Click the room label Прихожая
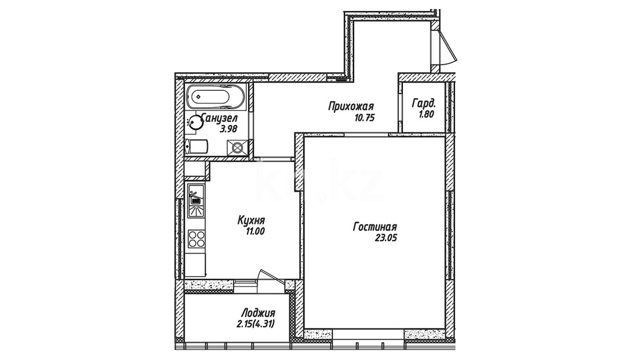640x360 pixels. coord(351,107)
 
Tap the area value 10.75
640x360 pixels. coord(364,118)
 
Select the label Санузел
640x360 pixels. coord(220,117)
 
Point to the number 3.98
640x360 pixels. coord(228,129)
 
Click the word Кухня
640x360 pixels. coord(251,221)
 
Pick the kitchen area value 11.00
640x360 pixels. coord(255,231)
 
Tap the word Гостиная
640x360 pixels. coord(375,227)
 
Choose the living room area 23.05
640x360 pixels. coord(386,238)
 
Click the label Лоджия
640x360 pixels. coord(258,313)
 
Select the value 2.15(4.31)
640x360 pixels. coord(255,324)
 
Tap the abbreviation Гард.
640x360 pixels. coord(423,103)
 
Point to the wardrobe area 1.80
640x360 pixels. coord(426,114)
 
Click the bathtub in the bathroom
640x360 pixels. coord(216,97)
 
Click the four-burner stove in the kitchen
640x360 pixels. coord(196,239)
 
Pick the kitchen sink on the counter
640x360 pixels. coord(196,201)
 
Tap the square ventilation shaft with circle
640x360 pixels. coord(237,148)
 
